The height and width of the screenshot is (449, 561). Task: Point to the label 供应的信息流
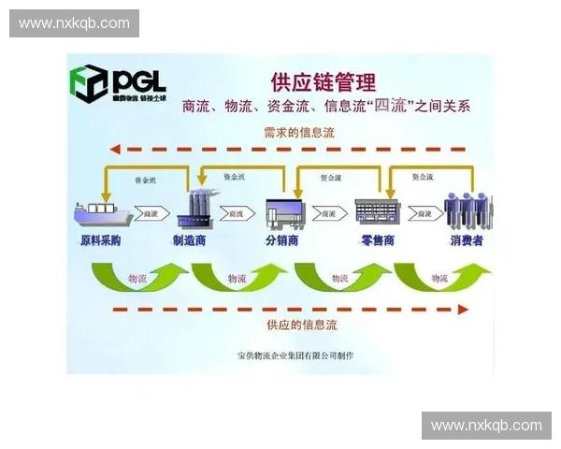[x=301, y=325]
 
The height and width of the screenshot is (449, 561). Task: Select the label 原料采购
[x=100, y=240]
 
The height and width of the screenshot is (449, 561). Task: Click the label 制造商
[x=190, y=240]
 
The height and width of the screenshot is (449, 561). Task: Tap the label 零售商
[x=377, y=240]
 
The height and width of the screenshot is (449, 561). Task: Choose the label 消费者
[x=467, y=240]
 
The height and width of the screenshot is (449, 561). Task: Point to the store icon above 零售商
[x=377, y=211]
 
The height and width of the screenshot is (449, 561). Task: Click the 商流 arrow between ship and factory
[x=150, y=214]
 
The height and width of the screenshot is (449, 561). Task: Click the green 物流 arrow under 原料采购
[x=136, y=277]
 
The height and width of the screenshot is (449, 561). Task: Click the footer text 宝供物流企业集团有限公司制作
[x=296, y=355]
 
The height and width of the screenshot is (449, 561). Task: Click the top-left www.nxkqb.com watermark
[x=75, y=22]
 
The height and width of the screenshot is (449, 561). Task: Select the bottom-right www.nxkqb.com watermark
[x=486, y=426]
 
